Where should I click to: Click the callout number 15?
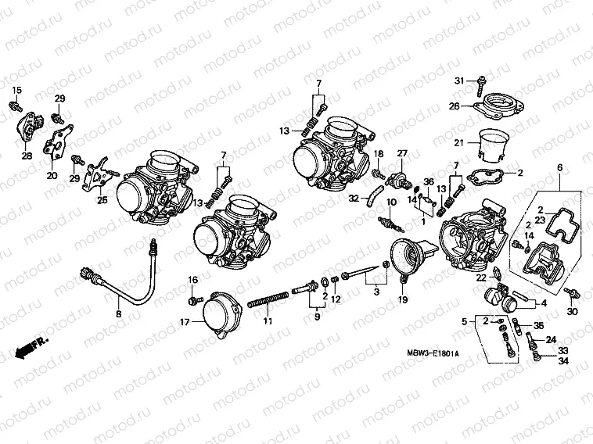(x=16, y=90)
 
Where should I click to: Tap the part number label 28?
(x=27, y=156)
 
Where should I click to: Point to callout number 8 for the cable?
(x=118, y=313)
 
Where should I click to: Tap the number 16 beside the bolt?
(x=192, y=280)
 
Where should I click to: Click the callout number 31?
(x=460, y=81)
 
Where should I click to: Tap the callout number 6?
(x=559, y=168)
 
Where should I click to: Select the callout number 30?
(x=572, y=313)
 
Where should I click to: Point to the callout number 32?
(x=354, y=199)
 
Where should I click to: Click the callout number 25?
(x=102, y=200)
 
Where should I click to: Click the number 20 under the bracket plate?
(x=52, y=175)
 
